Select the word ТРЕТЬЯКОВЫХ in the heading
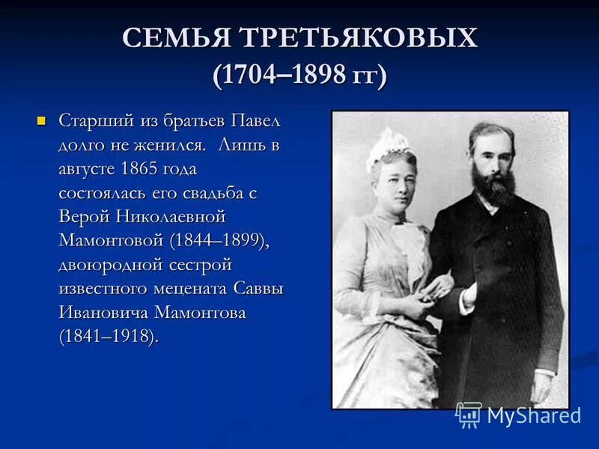click(x=359, y=38)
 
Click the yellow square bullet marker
click(x=43, y=120)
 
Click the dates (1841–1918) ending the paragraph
click(x=109, y=336)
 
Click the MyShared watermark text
click(x=534, y=415)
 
